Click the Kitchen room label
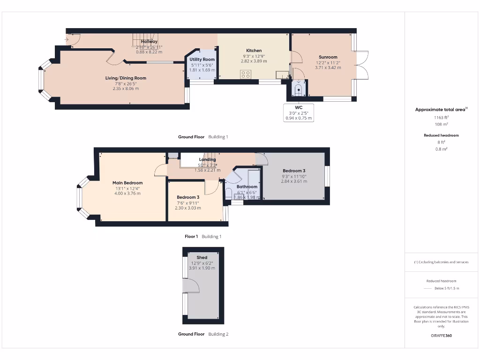point(254,51)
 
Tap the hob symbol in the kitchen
point(245,74)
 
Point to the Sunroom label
point(328,57)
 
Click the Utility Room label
point(202,60)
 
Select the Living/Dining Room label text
point(126,78)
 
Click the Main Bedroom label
point(127,183)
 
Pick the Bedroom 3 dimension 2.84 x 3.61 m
point(294,181)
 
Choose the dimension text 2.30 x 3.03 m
point(188,208)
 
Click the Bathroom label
point(247,187)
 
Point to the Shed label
point(202,257)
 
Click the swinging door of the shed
point(191,285)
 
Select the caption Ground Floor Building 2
point(203,334)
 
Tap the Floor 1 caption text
point(191,237)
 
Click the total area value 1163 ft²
point(441,118)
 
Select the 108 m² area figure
point(441,124)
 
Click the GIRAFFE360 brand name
point(441,336)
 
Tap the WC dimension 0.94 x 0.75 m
point(299,118)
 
